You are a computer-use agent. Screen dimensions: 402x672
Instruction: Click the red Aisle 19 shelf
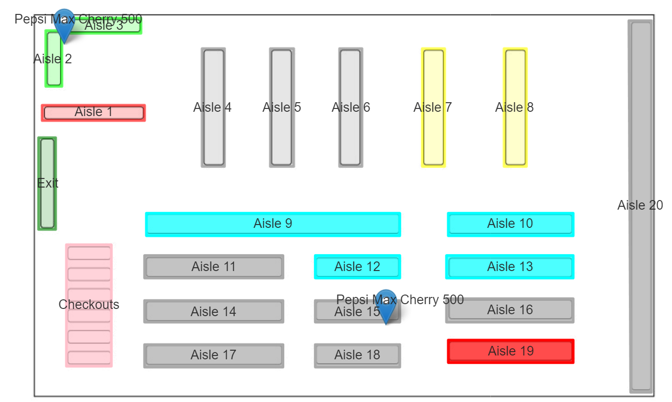click(510, 351)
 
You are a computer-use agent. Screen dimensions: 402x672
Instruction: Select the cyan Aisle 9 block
click(273, 224)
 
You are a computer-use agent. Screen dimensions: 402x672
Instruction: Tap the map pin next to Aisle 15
click(385, 305)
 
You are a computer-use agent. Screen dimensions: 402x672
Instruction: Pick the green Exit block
click(47, 183)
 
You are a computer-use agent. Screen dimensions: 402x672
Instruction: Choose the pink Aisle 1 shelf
click(93, 112)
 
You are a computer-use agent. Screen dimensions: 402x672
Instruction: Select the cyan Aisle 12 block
click(357, 267)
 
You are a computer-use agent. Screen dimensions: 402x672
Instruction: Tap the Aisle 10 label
click(510, 224)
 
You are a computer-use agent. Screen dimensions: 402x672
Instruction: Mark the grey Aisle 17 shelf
click(213, 355)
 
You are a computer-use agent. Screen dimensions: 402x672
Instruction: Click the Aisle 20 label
click(640, 205)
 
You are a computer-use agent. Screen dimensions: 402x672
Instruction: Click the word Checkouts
click(89, 305)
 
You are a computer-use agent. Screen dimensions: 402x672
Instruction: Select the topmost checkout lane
click(89, 253)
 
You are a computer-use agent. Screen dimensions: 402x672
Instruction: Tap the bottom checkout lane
click(89, 357)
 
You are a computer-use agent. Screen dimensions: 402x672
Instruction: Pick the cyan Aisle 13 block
click(510, 267)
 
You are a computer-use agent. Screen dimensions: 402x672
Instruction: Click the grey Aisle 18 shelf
click(357, 355)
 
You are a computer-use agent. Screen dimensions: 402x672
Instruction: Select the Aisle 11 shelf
click(213, 267)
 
